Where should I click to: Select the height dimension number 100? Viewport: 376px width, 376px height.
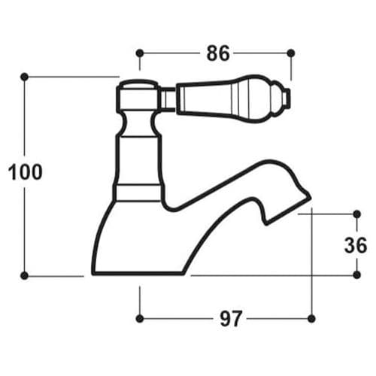pos(26,172)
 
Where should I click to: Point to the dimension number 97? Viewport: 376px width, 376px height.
pos(231,319)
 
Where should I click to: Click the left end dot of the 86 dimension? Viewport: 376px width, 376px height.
pos(140,53)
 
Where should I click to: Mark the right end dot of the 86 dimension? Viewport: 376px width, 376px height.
pos(291,53)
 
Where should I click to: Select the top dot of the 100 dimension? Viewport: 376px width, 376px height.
pos(25,76)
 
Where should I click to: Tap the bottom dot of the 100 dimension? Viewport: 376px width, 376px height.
pos(25,276)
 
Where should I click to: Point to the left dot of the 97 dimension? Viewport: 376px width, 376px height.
pos(140,318)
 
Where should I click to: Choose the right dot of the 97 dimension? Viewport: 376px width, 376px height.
pos(311,318)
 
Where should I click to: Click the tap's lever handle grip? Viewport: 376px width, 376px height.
pos(226,98)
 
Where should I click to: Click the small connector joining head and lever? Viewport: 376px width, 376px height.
pos(168,98)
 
